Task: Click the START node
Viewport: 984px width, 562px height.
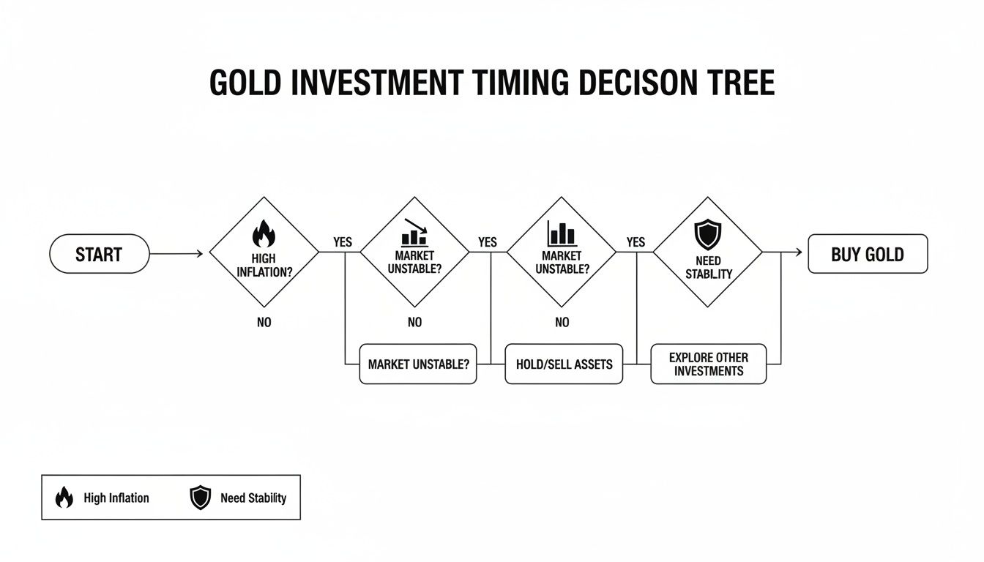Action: pos(99,254)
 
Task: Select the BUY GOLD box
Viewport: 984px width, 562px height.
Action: pos(867,254)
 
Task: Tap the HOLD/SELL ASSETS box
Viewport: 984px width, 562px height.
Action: pos(564,364)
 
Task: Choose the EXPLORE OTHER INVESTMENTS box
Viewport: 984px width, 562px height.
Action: pos(708,364)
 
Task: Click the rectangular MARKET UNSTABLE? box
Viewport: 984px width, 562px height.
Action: pos(418,364)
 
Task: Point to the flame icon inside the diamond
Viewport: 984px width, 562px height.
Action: pos(264,234)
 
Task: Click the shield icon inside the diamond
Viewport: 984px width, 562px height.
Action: pos(707,235)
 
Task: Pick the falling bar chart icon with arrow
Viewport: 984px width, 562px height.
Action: pos(414,231)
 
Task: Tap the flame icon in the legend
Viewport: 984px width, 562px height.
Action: pos(64,498)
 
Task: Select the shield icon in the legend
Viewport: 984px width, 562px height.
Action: pos(200,498)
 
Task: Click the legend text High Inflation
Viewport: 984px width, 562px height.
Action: pos(116,498)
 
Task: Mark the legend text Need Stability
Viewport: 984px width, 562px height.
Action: pos(253,498)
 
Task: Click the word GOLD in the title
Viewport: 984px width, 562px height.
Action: pos(245,83)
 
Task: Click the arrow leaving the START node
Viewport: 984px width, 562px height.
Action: pos(176,254)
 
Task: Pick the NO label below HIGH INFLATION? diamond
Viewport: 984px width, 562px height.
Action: pos(264,322)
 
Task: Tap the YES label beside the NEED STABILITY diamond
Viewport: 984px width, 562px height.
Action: pos(635,242)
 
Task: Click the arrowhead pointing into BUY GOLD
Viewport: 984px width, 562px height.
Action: pos(799,253)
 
